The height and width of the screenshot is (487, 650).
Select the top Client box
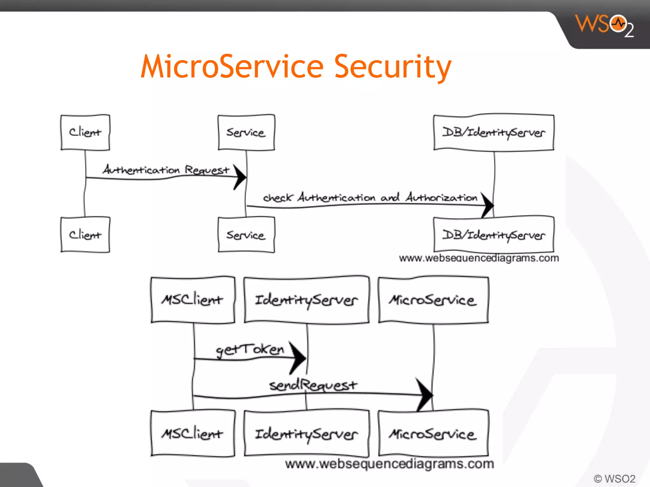pos(85,133)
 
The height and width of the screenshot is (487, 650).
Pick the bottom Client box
pos(85,235)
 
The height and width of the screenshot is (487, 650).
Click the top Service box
pos(246,133)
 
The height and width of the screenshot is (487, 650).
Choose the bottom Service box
pos(246,235)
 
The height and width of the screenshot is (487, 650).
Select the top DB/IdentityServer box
pos(494,133)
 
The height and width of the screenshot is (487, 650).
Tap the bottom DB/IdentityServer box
pos(494,235)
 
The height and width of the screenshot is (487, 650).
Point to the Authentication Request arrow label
pos(166,170)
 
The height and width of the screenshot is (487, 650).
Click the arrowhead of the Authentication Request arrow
pos(240,177)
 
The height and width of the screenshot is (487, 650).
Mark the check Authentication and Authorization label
pos(370,198)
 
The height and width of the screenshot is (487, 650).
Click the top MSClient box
pos(193,300)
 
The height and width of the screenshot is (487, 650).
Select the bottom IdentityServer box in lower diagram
pos(307,434)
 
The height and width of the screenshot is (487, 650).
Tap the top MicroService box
pos(433,300)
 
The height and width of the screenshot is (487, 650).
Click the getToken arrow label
pos(250,349)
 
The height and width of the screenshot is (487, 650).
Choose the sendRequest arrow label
pos(313,385)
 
